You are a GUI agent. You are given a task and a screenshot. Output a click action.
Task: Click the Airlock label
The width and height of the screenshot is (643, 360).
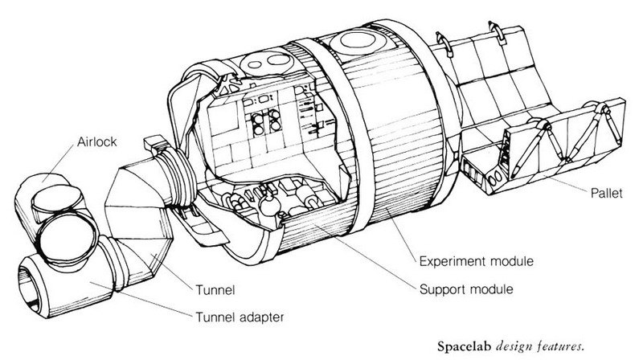coord(96,142)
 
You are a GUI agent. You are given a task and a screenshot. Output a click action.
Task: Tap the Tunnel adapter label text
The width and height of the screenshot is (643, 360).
coord(240,317)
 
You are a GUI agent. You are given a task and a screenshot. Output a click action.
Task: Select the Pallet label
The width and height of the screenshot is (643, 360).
coord(606,193)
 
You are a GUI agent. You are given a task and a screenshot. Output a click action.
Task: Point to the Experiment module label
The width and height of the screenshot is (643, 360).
coord(476,261)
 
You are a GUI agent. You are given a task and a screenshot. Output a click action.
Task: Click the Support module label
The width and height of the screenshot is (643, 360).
coord(466,289)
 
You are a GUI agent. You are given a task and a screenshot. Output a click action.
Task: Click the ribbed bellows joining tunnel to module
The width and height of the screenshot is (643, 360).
coord(177,177)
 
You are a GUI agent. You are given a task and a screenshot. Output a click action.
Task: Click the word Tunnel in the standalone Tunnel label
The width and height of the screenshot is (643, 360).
coord(215,290)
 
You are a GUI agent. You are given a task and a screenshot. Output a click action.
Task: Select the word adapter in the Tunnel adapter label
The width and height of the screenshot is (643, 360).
coord(262,317)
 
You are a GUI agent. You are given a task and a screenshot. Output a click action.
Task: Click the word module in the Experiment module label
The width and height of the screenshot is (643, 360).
coord(512,261)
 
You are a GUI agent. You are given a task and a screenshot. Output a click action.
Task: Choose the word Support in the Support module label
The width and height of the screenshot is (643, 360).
coord(443,290)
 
